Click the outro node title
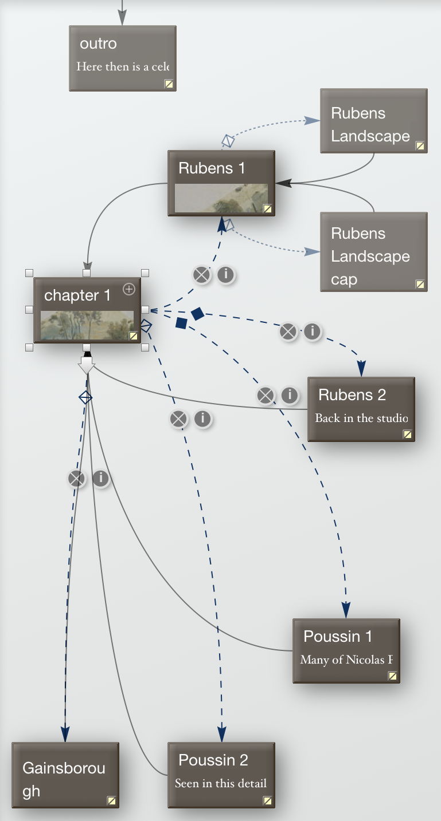[98, 44]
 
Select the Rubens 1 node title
[212, 168]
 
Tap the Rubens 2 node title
[352, 394]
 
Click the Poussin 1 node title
[338, 636]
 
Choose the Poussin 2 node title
[213, 760]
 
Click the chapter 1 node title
[77, 295]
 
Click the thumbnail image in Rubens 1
[220, 198]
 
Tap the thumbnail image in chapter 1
[86, 325]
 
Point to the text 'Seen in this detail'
[221, 783]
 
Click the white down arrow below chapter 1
[86, 364]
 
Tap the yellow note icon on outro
[169, 84]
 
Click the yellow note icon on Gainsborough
[112, 800]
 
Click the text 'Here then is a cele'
[123, 66]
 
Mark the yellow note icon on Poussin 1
[393, 676]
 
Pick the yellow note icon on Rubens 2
[408, 434]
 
